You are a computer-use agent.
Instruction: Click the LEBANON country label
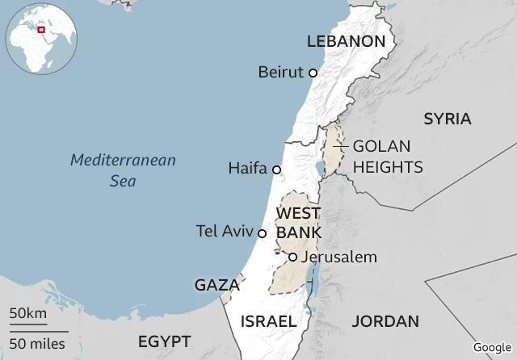click(346, 41)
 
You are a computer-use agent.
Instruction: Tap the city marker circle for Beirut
click(313, 73)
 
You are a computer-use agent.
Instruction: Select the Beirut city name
click(280, 73)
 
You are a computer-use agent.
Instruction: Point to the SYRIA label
click(447, 119)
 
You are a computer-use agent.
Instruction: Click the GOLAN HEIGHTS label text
click(387, 157)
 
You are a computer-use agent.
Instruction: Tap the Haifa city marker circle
click(276, 170)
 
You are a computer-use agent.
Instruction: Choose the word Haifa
click(247, 169)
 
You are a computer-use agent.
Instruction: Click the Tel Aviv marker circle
click(262, 233)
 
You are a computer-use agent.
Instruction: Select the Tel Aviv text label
click(224, 232)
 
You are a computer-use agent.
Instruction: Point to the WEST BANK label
click(298, 223)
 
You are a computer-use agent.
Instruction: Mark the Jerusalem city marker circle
click(292, 257)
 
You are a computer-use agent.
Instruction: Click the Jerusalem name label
click(338, 257)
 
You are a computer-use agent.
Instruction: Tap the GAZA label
click(216, 285)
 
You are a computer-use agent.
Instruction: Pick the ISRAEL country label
click(268, 320)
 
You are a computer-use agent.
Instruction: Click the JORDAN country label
click(385, 320)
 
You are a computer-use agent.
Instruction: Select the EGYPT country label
click(164, 340)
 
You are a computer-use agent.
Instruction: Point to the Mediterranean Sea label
click(123, 170)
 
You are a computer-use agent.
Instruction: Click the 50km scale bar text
click(28, 313)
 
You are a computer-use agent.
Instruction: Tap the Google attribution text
click(492, 347)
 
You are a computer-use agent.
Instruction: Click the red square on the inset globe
click(40, 29)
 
